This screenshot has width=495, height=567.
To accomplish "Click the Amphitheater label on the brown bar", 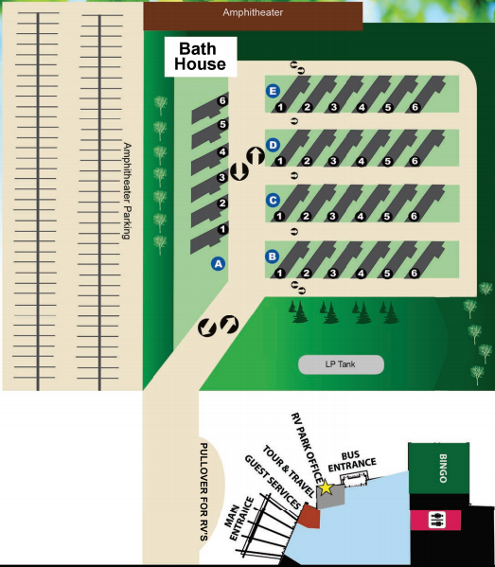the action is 253,12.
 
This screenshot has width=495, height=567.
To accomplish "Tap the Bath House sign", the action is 201,57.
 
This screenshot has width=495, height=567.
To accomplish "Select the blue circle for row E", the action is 273,91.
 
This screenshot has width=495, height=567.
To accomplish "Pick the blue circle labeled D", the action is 273,145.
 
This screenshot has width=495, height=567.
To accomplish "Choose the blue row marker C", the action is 273,200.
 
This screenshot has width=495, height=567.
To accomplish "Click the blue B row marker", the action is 273,257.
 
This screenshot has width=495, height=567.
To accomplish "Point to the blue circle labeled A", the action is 218,264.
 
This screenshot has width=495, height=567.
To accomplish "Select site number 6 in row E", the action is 415,107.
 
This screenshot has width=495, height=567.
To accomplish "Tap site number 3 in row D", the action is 333,161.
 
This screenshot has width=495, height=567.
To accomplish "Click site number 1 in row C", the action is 279,216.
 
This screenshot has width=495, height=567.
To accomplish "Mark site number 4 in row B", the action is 361,274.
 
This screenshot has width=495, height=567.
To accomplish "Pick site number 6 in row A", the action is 222,100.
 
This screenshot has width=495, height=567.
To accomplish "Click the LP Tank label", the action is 340,364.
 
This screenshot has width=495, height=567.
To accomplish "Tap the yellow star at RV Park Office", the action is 326,487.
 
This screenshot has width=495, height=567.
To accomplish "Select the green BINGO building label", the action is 443,469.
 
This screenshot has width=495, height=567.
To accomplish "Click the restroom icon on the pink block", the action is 436,520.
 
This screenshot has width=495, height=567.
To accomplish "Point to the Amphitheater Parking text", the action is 127,190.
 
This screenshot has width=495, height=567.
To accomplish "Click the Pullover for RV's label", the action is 203,492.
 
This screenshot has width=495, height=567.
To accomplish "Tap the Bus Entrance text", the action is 352,461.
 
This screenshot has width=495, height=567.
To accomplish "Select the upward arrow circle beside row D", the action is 256,156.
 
